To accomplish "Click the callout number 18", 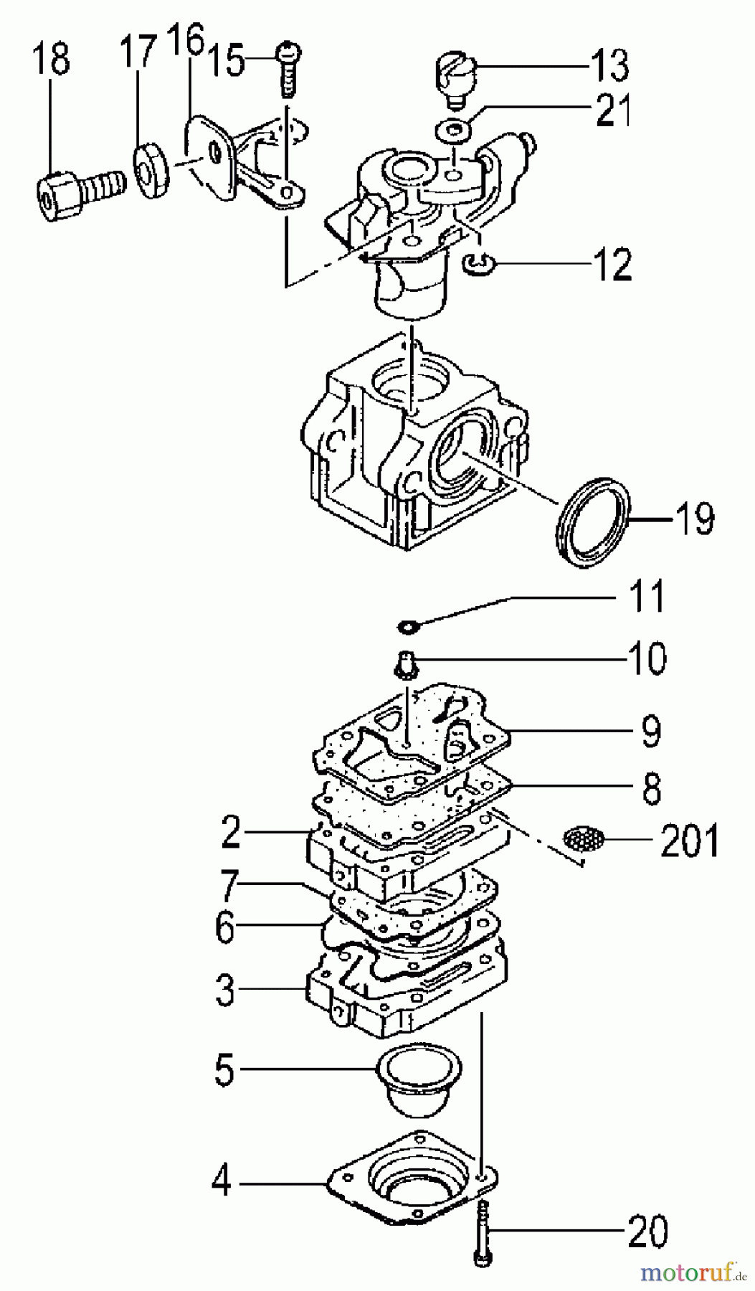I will pyautogui.click(x=51, y=59).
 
